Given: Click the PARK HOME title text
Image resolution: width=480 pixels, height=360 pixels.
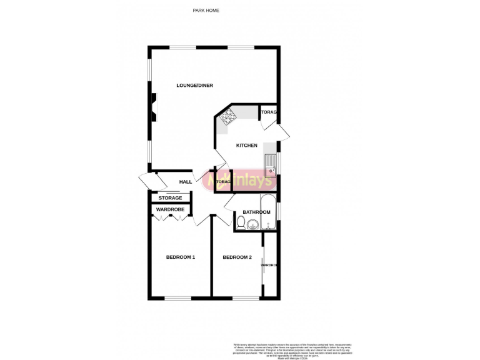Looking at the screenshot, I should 206,11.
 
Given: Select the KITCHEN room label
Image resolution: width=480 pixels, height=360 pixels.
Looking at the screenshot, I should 246,146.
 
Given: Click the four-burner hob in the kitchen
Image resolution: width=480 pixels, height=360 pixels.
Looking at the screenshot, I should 226,116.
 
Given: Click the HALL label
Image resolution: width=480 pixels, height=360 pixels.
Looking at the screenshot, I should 186,182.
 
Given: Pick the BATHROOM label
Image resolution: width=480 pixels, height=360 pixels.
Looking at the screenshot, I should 256,212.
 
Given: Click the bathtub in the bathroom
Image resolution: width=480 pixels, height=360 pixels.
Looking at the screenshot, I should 267,213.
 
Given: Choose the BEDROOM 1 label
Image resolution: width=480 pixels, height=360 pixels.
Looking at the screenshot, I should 181,257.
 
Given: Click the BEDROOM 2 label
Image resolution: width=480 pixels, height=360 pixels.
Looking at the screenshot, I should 237,257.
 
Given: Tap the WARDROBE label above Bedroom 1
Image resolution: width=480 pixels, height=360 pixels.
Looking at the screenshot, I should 169,209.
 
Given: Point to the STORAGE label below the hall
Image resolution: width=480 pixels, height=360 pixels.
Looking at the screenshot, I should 170,198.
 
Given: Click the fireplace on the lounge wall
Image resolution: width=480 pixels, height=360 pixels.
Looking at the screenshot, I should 153,107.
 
